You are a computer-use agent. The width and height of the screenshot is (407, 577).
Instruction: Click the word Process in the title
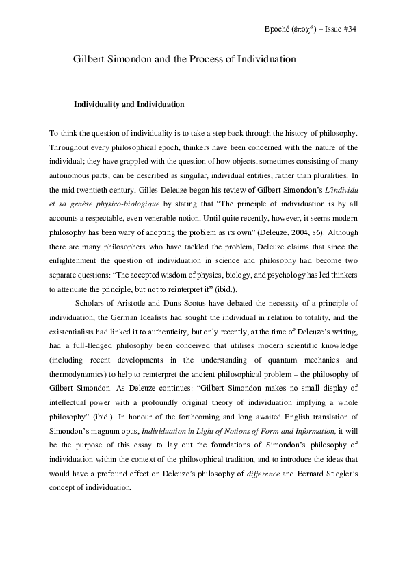pos(195,60)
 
